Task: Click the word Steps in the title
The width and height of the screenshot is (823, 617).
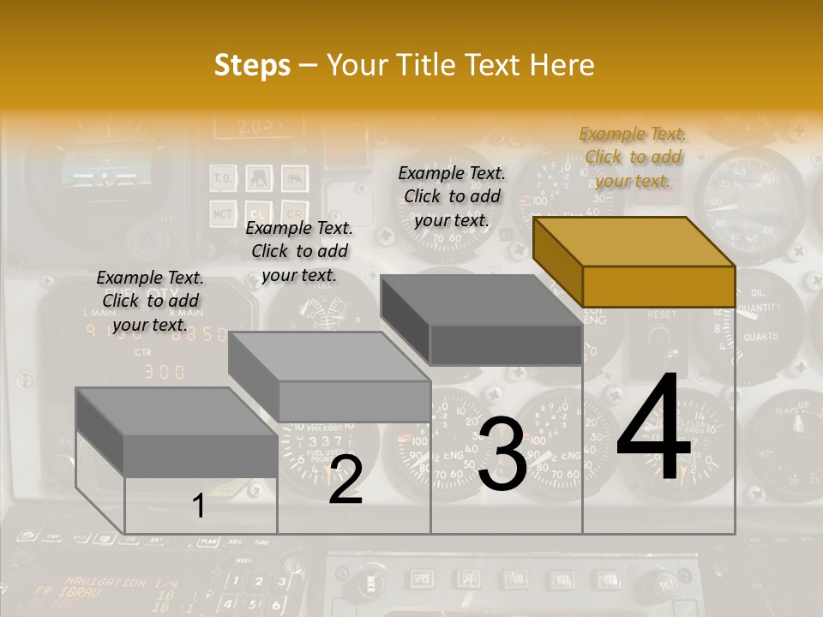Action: [252, 65]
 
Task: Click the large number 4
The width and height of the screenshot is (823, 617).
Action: [653, 429]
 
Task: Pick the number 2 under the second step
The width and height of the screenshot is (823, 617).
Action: [345, 480]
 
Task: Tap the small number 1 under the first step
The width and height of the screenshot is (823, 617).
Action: [199, 506]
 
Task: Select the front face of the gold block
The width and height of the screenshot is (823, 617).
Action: [658, 286]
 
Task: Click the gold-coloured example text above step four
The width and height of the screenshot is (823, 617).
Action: [633, 158]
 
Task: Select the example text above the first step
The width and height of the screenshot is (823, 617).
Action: [150, 301]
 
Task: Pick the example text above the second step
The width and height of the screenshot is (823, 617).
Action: [299, 251]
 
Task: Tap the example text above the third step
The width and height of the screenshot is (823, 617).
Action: [452, 196]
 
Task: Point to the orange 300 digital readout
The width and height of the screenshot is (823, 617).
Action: [163, 372]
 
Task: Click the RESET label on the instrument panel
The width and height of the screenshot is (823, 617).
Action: [661, 315]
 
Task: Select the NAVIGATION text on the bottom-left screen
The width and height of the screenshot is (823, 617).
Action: [105, 582]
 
